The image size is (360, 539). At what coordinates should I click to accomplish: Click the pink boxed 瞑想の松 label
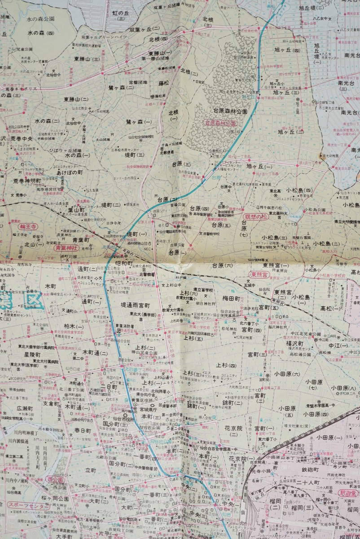pos(255,216)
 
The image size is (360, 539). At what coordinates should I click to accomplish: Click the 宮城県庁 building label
pos(151,409)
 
